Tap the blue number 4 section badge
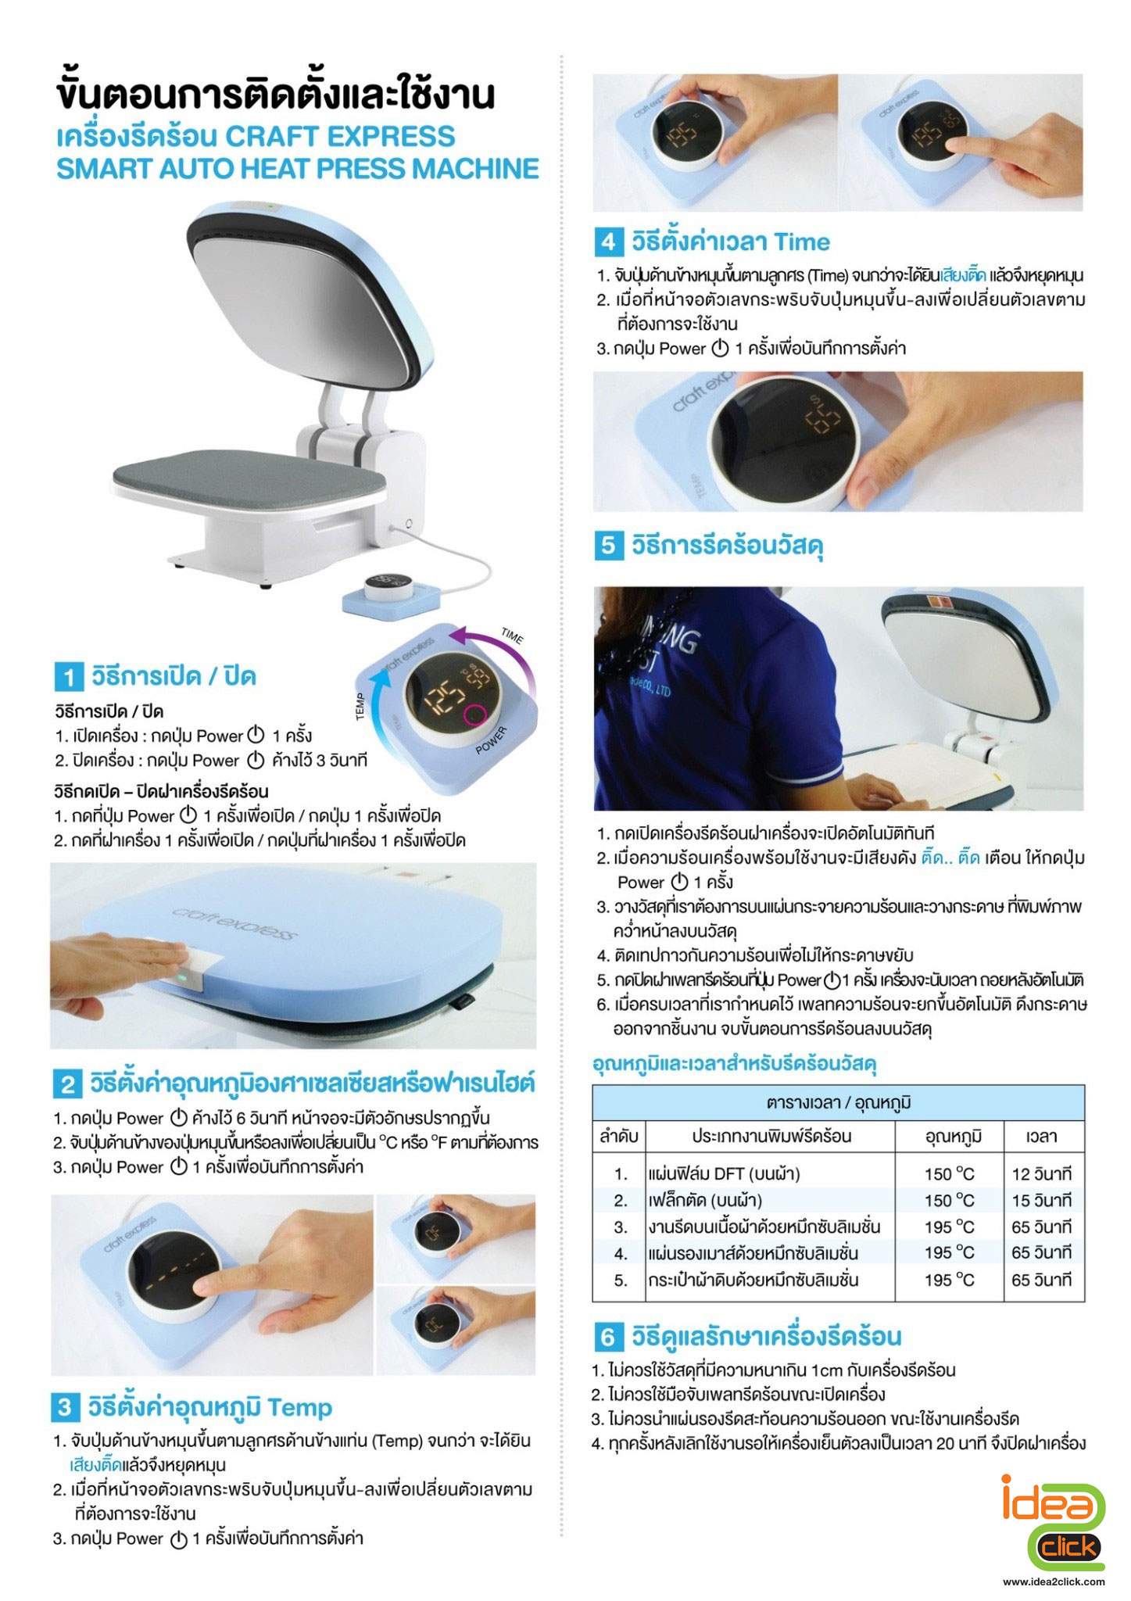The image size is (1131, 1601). point(608,242)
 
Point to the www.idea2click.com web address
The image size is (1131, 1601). point(1054,1581)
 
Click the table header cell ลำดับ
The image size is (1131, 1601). point(619,1136)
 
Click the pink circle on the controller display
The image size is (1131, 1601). point(474,714)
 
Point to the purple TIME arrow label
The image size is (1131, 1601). point(512,636)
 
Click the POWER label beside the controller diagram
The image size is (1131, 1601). point(492,740)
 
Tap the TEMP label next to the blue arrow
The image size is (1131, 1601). point(360,707)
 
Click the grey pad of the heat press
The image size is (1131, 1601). point(250,475)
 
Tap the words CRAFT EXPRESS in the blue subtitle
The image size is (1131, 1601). point(340,137)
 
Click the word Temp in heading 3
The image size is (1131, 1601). point(300,1408)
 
